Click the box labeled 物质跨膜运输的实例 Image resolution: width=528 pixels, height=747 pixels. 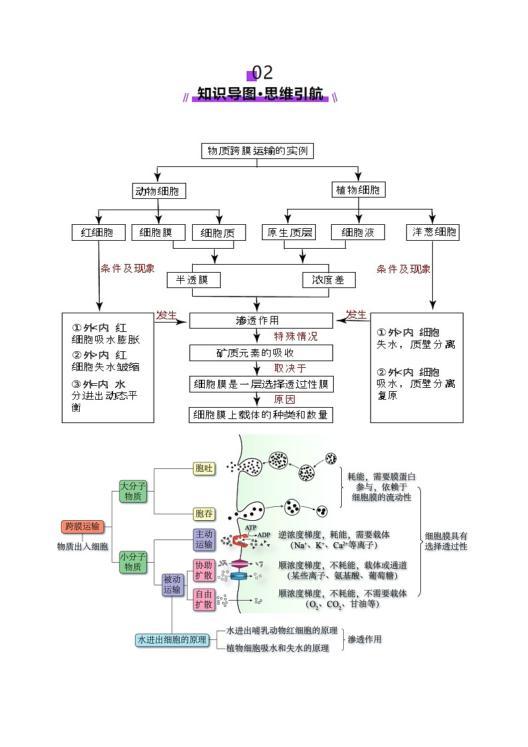click(257, 151)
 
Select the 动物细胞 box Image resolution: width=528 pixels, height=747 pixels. click(158, 192)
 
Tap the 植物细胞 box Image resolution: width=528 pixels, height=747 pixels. click(358, 190)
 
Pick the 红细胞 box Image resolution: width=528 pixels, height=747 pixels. click(98, 232)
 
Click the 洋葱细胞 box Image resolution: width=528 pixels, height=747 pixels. click(433, 232)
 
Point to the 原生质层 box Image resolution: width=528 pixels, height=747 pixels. click(289, 232)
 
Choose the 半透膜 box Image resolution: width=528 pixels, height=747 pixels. click(194, 280)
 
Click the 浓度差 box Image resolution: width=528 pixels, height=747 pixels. click(329, 280)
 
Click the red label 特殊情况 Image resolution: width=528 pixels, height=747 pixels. click(296, 337)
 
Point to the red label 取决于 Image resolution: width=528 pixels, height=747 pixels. click(291, 369)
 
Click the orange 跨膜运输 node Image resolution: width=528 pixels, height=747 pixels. click(83, 527)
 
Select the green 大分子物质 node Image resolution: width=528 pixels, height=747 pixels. click(132, 492)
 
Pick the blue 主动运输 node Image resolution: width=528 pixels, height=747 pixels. click(203, 539)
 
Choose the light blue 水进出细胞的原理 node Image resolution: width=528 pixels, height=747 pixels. click(172, 640)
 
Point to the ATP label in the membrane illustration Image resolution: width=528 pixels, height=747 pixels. click(251, 527)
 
